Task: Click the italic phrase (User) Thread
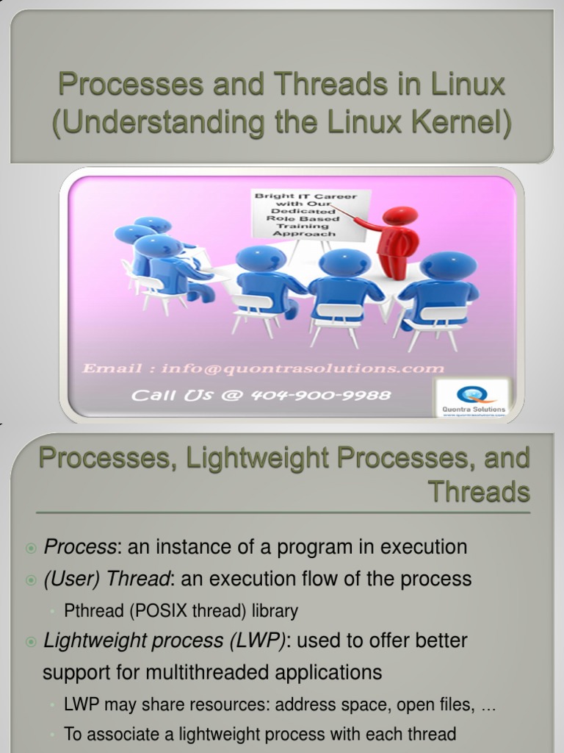click(107, 579)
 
